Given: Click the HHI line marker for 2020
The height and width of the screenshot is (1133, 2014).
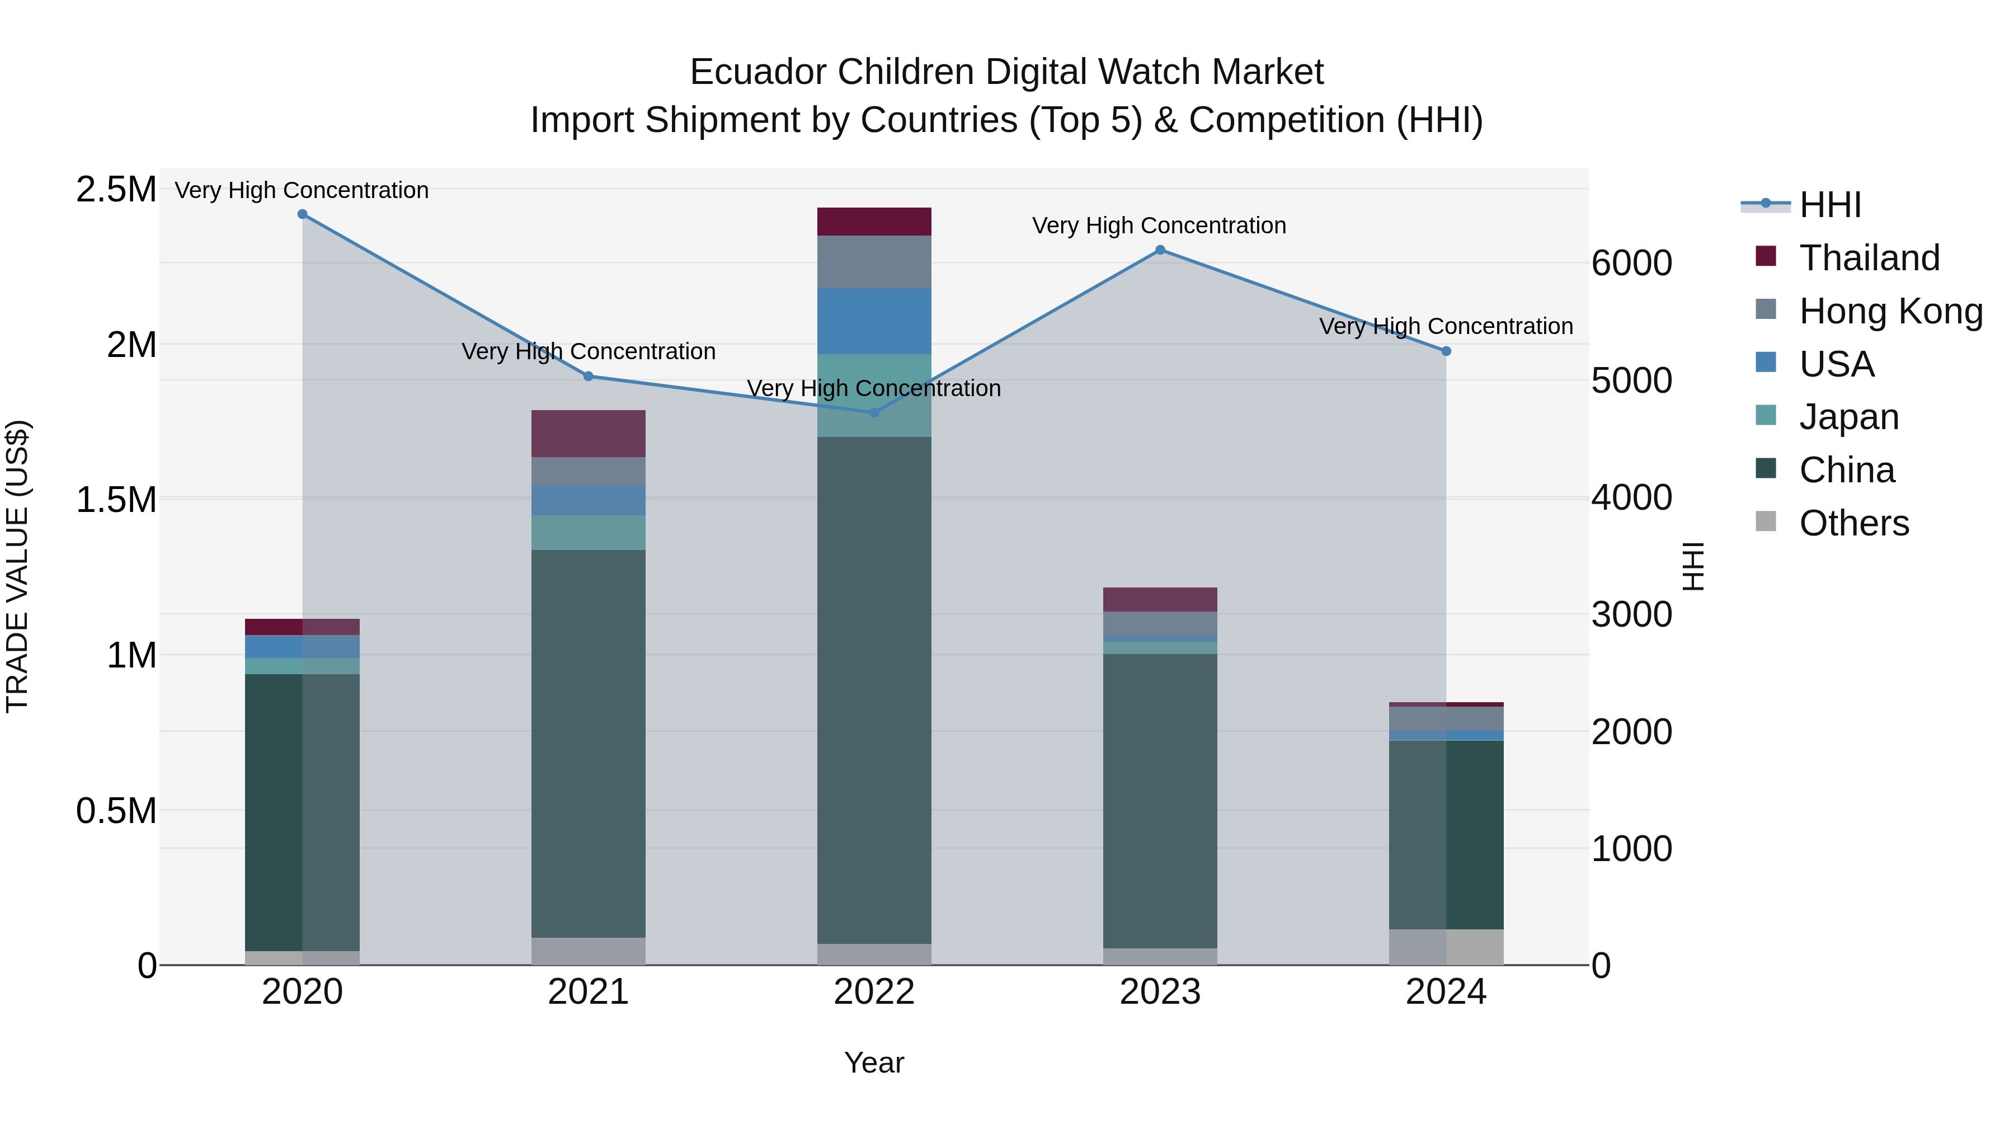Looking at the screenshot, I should point(303,214).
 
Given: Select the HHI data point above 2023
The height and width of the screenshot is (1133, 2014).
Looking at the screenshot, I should point(1160,250).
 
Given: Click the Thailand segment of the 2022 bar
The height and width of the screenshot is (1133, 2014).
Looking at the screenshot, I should point(874,221).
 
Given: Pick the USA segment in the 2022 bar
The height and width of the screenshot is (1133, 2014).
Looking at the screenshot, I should point(874,321).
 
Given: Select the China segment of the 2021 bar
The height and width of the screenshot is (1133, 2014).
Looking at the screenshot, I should point(588,743).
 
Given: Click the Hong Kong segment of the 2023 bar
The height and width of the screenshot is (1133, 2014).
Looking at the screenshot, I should point(1160,623).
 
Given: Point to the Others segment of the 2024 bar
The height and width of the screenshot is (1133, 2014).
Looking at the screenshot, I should point(1446,947).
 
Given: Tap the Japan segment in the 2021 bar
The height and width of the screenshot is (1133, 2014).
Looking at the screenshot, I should point(588,533).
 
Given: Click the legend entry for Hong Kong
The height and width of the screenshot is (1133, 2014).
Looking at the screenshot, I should point(1890,311).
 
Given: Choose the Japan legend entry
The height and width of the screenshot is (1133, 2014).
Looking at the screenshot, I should point(1848,417).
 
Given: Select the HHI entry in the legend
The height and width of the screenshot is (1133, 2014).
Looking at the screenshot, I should point(1829,205).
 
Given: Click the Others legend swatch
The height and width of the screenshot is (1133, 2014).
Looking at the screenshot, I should point(1766,521).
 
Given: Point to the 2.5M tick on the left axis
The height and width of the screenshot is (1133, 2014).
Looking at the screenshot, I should point(116,189).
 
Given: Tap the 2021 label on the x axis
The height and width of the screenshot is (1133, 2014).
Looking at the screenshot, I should point(588,992).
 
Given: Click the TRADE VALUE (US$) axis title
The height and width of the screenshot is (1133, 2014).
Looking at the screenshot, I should point(17,566).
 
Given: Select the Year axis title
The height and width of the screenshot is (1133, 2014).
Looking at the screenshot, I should point(874,1063).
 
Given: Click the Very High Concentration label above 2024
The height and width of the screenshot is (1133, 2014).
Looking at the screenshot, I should point(1446,326).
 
